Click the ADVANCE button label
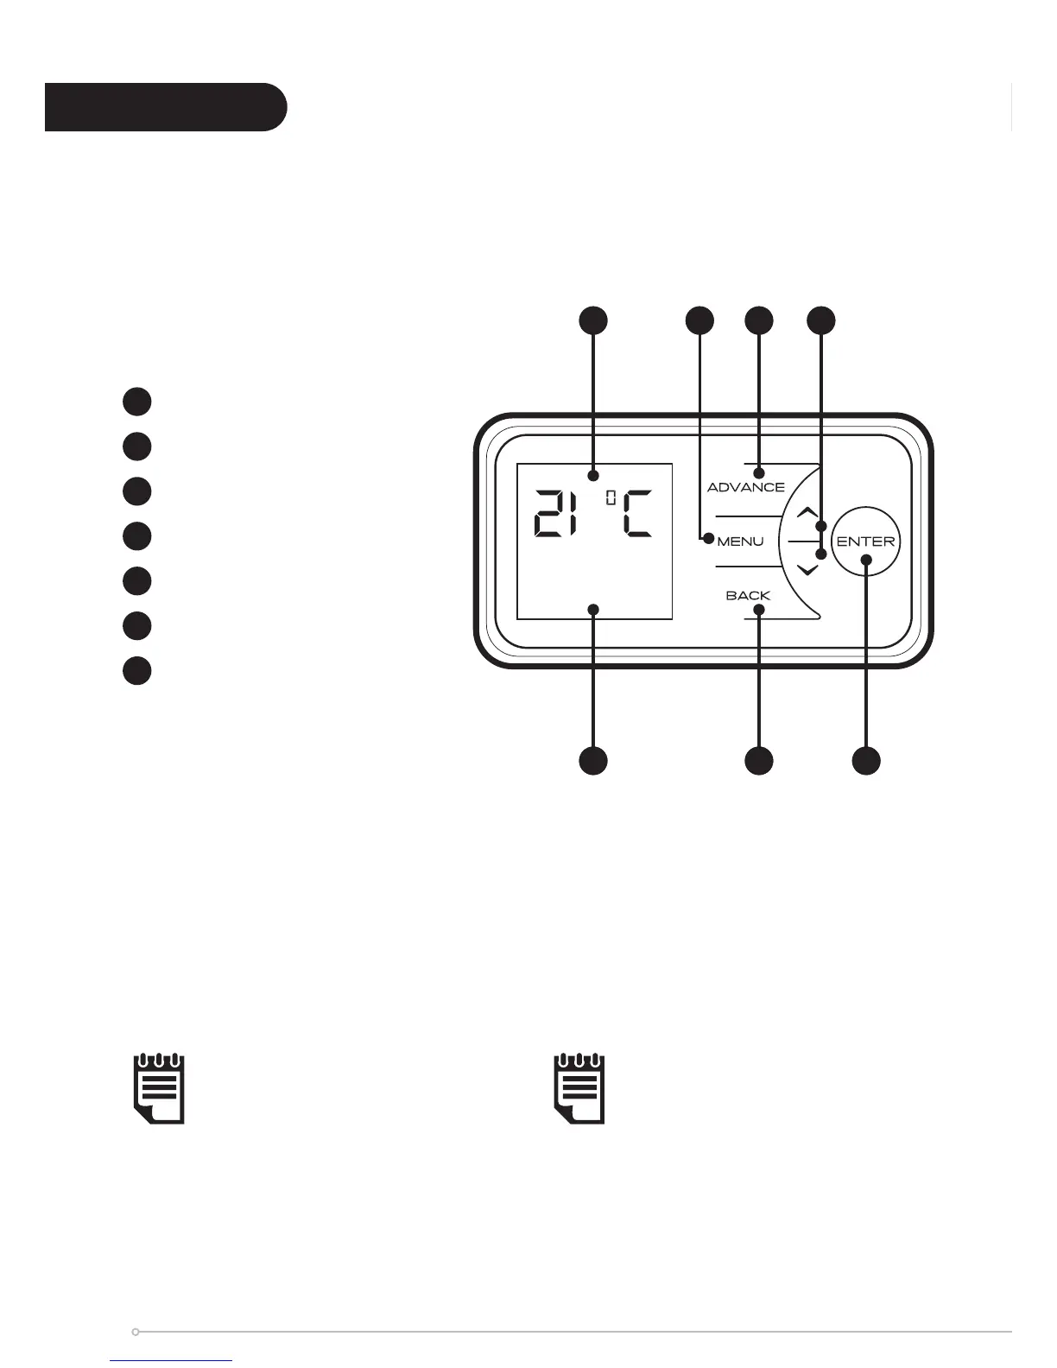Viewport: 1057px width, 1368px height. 746,487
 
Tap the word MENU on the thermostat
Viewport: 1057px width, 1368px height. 740,541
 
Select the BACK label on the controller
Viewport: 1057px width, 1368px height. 748,596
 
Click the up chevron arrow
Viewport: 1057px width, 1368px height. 807,512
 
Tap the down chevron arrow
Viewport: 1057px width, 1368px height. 807,570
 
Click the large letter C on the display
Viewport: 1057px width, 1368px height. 637,515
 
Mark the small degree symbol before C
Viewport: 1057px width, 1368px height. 611,497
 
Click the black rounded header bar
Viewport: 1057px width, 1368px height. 165,107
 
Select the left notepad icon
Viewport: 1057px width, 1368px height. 159,1088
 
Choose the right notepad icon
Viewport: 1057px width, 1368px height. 579,1088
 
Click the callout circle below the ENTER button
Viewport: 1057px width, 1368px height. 866,761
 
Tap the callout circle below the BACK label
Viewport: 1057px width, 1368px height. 758,761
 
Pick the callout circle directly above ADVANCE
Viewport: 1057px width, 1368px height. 759,320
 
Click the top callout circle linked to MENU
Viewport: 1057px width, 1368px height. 699,320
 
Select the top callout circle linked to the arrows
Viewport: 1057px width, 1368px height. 821,320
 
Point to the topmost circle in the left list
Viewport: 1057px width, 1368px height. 136,402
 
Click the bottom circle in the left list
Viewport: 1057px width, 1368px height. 136,671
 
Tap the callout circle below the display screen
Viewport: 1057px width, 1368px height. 592,761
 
